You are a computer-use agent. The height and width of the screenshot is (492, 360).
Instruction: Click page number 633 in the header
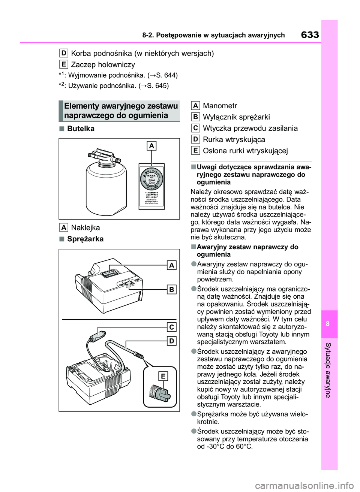pos(310,35)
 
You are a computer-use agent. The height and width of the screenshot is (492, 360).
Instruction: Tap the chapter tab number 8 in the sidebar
pos(328,324)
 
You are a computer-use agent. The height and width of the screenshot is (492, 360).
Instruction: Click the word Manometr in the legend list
pos(220,106)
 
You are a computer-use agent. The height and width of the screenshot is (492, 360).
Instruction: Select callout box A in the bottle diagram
pos(151,145)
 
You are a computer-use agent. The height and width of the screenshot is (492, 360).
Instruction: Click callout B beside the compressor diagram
pos(171,289)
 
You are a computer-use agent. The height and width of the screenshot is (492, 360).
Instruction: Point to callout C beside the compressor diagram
pos(171,327)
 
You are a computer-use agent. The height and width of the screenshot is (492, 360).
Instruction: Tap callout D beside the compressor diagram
pos(171,341)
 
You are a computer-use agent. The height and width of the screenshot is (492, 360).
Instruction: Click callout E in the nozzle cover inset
pos(163,376)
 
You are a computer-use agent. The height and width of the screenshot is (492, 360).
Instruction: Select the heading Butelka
pos(81,129)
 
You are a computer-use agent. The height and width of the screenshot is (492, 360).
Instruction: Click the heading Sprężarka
pos(85,239)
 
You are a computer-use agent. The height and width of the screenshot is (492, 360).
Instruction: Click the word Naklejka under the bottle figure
pos(85,227)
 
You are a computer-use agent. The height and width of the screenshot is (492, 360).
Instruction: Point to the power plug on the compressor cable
pos(96,335)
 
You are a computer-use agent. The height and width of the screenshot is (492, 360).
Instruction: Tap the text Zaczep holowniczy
pos(103,64)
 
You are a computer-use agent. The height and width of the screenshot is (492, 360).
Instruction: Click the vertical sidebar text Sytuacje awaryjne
pos(328,369)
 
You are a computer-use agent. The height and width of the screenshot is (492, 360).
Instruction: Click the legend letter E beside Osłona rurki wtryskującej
pos(195,151)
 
